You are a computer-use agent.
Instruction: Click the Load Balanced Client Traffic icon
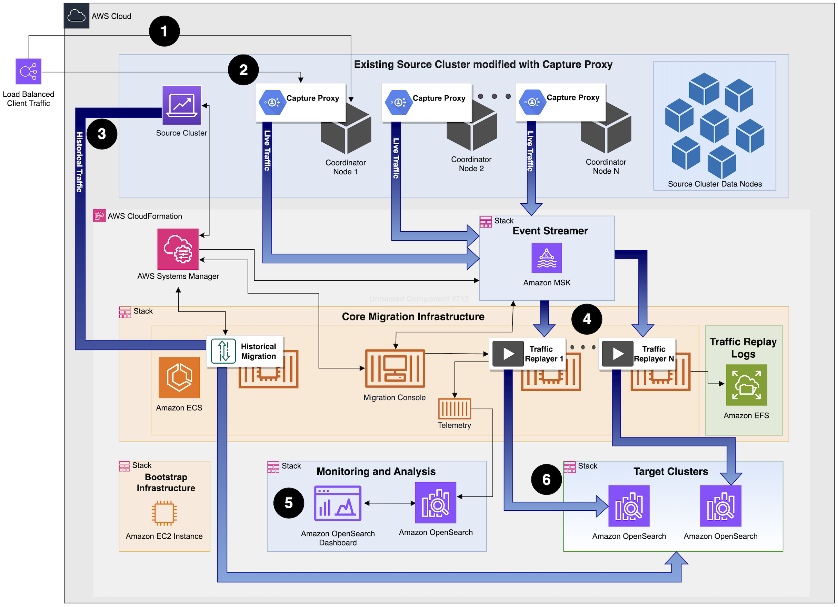(28, 71)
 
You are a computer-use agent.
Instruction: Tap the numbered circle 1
(164, 31)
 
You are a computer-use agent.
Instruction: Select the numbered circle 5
(289, 503)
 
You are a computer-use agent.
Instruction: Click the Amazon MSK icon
(547, 258)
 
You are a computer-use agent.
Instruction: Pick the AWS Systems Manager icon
(178, 249)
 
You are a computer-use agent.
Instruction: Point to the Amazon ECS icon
(179, 377)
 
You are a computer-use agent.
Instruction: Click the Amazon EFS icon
(746, 385)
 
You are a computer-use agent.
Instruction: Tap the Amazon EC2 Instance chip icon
(164, 513)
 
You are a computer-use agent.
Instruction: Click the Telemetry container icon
(455, 409)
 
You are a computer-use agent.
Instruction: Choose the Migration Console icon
(395, 368)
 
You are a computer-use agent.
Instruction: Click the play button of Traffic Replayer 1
(508, 354)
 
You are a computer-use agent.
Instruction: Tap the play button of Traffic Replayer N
(617, 354)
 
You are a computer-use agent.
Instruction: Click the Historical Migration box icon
(223, 351)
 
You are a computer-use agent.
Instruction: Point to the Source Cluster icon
(182, 105)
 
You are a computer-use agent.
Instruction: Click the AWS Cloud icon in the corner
(77, 16)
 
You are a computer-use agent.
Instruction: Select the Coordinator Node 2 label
(471, 164)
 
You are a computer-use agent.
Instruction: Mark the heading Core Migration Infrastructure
(413, 317)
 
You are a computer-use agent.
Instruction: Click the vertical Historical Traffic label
(79, 162)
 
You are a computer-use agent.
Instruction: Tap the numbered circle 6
(546, 479)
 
